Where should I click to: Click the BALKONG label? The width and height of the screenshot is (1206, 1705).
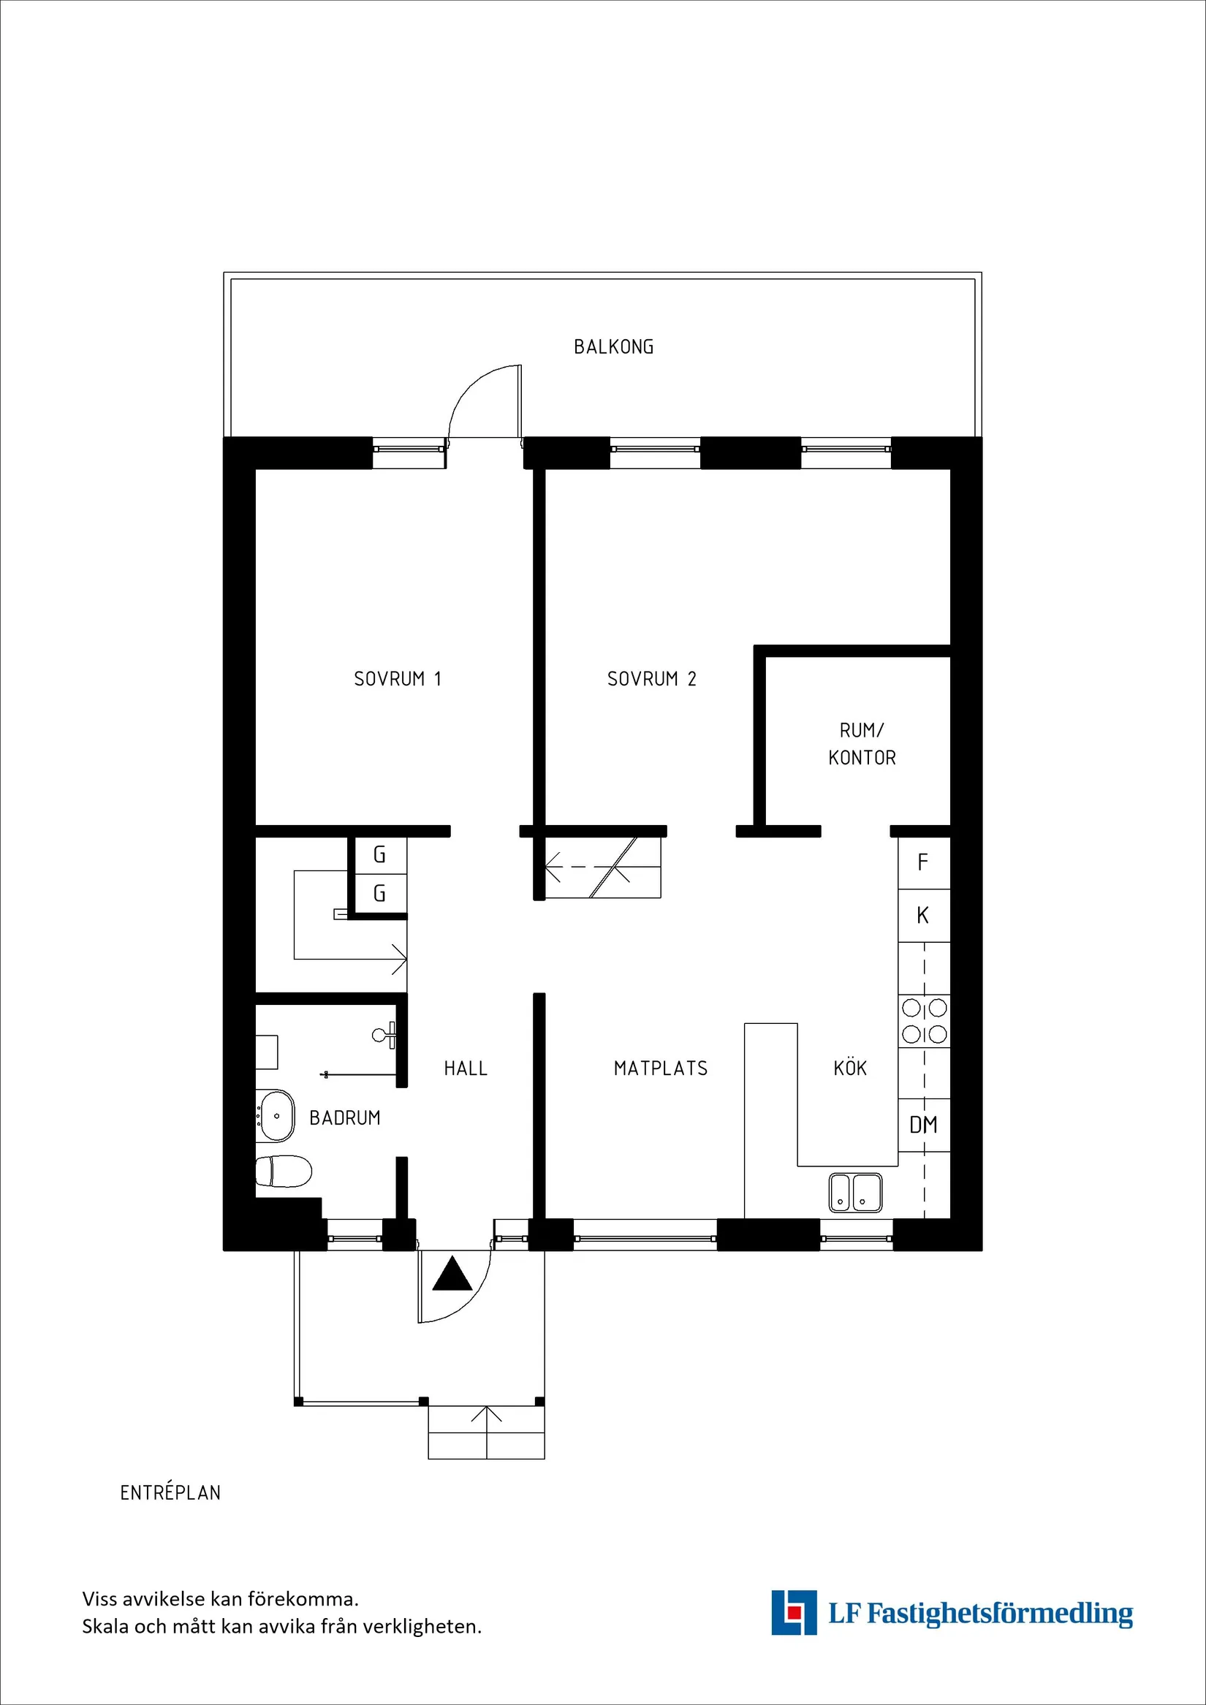[613, 347]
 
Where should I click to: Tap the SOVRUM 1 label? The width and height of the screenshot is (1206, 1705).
[398, 679]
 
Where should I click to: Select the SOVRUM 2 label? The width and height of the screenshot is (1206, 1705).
[651, 679]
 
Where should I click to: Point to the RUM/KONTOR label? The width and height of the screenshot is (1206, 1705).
[862, 744]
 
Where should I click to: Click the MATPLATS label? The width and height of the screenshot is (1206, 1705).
[660, 1068]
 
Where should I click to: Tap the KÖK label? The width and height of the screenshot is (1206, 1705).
[849, 1068]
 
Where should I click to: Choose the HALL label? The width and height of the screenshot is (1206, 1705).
[466, 1068]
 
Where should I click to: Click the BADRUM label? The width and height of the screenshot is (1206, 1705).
[344, 1117]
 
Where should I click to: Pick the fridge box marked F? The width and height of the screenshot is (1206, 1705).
[923, 862]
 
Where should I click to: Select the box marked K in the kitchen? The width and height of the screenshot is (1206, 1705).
[923, 916]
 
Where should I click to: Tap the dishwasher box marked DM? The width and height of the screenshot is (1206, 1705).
[923, 1125]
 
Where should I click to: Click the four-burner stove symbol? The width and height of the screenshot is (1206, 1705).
[924, 1020]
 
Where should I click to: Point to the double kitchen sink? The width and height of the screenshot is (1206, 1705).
[854, 1193]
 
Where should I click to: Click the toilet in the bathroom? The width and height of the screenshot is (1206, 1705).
[283, 1172]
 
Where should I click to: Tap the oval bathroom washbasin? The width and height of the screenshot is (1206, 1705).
[276, 1116]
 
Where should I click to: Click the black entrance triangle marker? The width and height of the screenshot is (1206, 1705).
[452, 1274]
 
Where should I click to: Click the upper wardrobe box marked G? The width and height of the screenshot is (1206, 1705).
[379, 855]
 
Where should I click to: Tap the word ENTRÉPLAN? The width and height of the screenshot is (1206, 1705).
[170, 1492]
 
